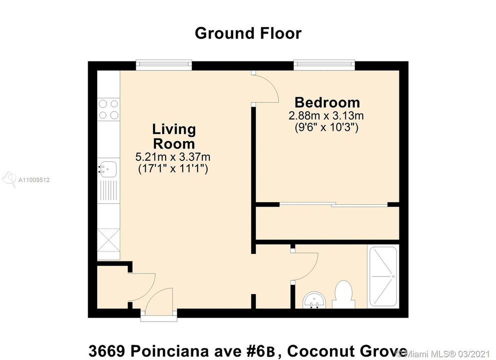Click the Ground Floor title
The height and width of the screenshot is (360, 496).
coord(248,33)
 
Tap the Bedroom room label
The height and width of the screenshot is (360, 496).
coord(327,102)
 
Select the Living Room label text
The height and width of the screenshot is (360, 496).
coord(174,136)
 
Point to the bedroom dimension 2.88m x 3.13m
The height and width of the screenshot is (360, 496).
coord(326,115)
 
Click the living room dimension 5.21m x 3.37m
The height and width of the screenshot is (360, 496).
coord(173,157)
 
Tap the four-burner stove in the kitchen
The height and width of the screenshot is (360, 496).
coord(109,109)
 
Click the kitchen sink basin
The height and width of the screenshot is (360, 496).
coord(107,168)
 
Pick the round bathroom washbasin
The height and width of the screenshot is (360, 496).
coord(314,299)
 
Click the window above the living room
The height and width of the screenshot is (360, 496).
coord(164,65)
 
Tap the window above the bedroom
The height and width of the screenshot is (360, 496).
coord(324,65)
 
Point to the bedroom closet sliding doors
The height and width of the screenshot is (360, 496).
coord(333,204)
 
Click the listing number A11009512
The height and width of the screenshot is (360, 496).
coord(34,180)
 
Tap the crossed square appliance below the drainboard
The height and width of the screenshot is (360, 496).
coord(109,239)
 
